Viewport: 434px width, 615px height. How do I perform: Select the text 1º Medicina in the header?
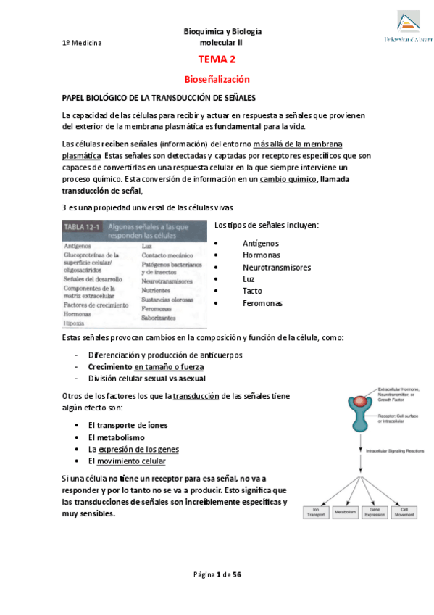82,43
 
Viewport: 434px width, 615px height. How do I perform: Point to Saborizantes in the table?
160,318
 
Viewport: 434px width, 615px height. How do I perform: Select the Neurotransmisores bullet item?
277,267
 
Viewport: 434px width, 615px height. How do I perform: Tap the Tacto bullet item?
253,291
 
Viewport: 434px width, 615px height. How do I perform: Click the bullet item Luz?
249,279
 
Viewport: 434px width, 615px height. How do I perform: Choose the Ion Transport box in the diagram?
316,512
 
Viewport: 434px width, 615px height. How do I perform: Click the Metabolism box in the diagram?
346,512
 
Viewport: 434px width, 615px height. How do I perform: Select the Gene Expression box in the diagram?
375,512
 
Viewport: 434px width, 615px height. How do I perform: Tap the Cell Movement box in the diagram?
404,512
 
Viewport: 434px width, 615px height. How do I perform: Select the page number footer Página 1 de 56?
217,574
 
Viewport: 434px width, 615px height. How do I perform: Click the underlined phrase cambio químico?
288,179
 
